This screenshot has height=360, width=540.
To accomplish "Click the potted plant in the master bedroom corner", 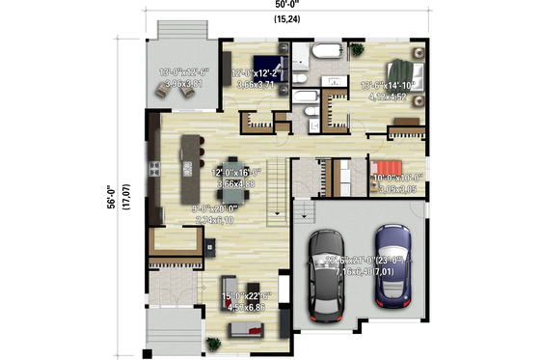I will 358,50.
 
